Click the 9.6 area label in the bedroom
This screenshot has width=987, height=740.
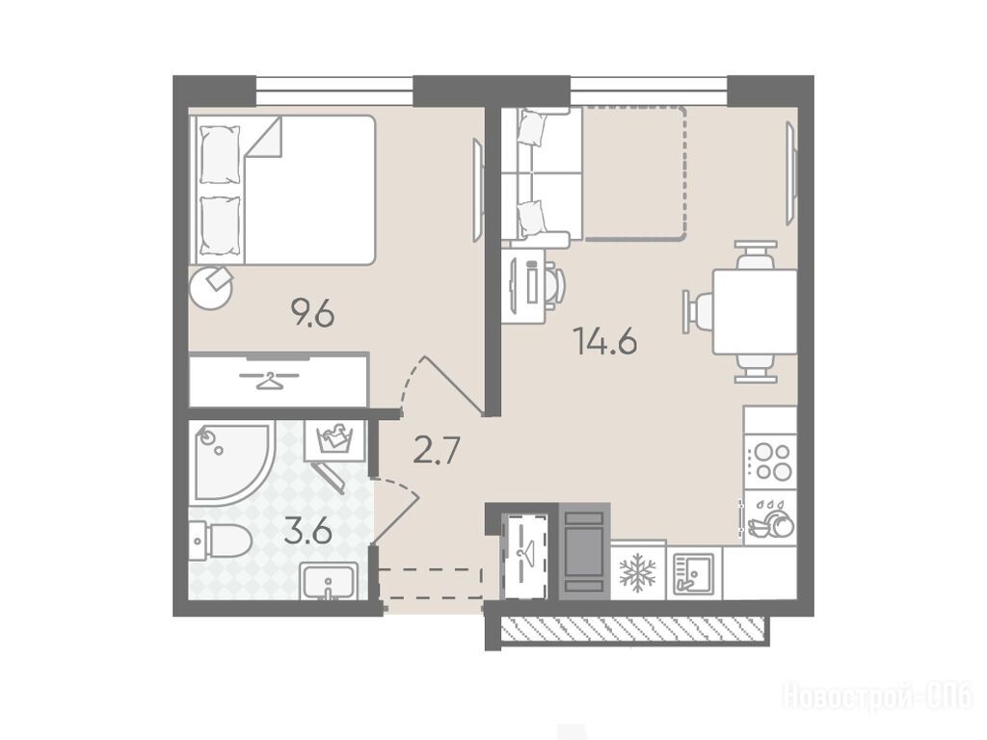(311, 313)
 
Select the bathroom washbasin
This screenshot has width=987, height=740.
(329, 580)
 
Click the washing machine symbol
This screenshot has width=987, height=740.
(334, 439)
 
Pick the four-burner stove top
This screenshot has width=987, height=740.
(770, 462)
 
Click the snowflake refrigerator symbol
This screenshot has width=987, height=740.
(638, 572)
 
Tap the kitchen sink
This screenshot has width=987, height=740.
(694, 572)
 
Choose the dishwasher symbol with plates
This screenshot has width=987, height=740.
(770, 518)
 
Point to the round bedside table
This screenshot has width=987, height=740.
(212, 287)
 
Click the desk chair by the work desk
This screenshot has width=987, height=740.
(554, 285)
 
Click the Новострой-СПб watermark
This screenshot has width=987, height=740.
(878, 696)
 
